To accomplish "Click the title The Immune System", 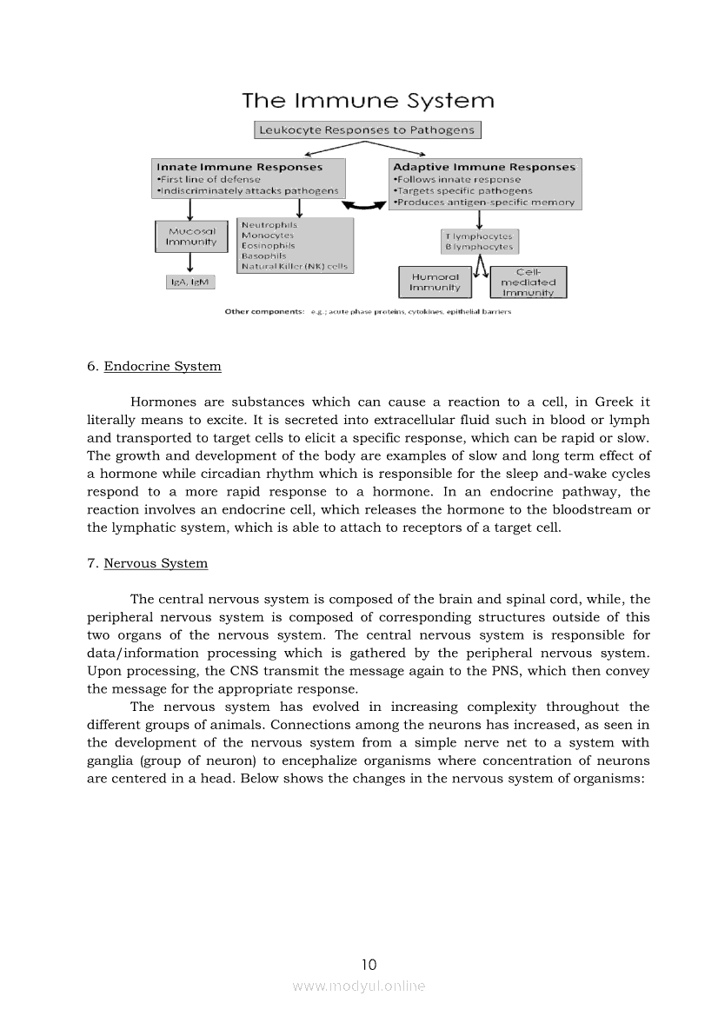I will click(368, 101).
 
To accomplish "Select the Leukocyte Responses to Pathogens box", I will click(368, 130).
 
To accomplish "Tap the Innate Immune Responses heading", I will click(239, 167).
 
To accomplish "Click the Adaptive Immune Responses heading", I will click(484, 167).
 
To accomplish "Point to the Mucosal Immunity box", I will click(191, 237).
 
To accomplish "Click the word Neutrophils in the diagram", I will click(269, 225).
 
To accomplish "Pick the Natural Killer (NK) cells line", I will click(295, 266).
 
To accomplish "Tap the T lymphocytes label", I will click(479, 236).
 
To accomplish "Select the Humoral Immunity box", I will click(435, 282).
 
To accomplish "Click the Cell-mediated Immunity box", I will click(529, 282).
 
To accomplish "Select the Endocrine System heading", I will click(162, 366).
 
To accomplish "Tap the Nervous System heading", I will click(156, 563).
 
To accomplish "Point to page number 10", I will click(369, 964).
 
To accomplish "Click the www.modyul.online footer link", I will click(359, 986).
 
